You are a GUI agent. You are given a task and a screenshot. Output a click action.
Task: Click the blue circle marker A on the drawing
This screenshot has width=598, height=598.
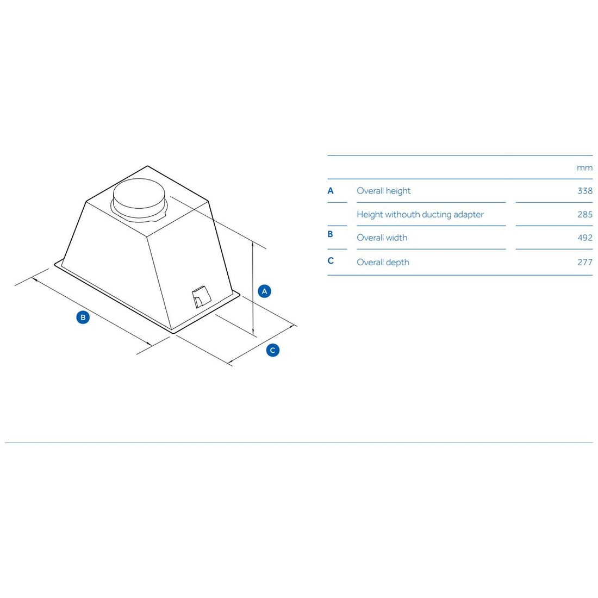point(264,291)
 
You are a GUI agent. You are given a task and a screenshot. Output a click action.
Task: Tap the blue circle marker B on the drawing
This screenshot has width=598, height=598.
point(83,317)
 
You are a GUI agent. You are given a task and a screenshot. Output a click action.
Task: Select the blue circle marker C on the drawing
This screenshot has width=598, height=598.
point(273,350)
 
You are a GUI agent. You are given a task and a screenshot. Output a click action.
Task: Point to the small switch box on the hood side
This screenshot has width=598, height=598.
point(200,297)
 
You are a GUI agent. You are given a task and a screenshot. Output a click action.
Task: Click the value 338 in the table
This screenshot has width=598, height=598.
point(584,191)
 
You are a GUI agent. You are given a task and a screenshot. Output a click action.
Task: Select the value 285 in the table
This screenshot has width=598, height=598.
point(584,214)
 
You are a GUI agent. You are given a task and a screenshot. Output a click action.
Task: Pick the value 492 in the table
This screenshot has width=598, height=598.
point(584,238)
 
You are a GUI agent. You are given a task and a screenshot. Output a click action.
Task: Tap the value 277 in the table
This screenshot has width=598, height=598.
point(584,262)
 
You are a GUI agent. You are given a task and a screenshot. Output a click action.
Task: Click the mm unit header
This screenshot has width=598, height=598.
point(584,167)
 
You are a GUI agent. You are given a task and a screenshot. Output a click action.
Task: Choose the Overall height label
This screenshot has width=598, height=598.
point(383,191)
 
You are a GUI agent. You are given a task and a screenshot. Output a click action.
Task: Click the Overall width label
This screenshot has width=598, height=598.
point(382,238)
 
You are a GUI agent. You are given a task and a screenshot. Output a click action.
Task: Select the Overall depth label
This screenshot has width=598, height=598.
point(383,262)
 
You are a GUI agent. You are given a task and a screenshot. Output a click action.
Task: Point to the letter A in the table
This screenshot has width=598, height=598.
point(331,191)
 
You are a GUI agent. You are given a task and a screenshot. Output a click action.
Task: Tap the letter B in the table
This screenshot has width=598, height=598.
point(331,234)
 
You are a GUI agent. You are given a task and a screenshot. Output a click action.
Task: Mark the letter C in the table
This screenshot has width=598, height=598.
point(331,260)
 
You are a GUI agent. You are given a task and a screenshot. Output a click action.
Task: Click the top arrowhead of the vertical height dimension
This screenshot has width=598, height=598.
point(253,245)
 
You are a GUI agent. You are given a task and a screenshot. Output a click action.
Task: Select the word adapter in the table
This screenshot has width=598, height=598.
point(468,214)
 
